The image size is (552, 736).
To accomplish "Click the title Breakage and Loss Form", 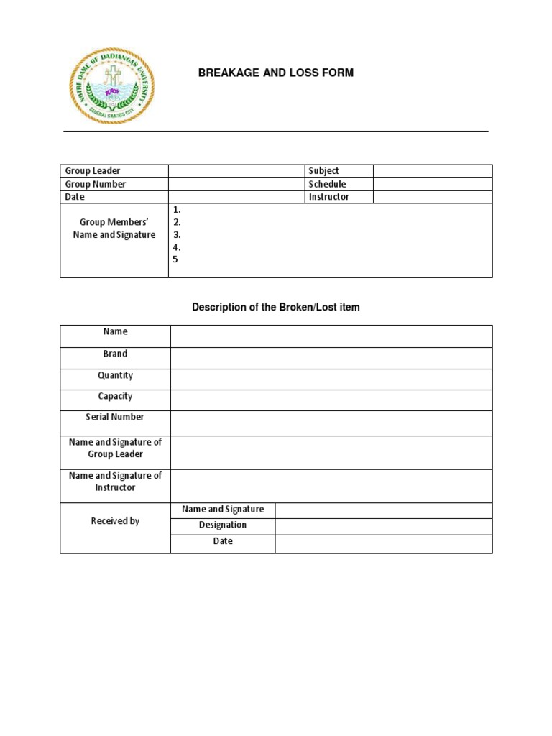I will tap(276, 73).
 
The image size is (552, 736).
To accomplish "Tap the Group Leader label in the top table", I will tap(93, 171).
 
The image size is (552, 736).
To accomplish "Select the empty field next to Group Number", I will tap(236, 184).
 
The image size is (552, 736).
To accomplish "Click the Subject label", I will tap(323, 171).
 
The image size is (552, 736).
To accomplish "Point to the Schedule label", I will tap(327, 184).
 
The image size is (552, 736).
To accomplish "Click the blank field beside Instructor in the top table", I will tap(432, 197).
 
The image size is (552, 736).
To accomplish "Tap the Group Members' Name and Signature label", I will tap(114, 229).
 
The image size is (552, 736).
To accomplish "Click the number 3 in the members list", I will tap(176, 234).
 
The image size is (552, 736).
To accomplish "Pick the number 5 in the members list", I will tap(175, 259).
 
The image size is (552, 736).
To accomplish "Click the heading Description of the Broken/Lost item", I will tap(276, 307).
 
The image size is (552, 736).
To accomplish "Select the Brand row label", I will tap(115, 354).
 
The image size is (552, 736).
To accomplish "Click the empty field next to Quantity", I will tap(331, 379).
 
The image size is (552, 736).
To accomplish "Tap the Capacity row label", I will tap(115, 396).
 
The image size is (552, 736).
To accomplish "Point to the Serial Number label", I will tap(115, 417).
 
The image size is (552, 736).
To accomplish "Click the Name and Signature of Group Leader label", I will tap(115, 448).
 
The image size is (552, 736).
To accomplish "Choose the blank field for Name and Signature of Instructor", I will tap(331, 487).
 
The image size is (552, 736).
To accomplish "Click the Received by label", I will tap(115, 521).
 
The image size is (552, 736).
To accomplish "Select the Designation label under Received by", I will tap(223, 525).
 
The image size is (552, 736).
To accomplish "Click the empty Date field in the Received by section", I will tap(383, 544).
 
